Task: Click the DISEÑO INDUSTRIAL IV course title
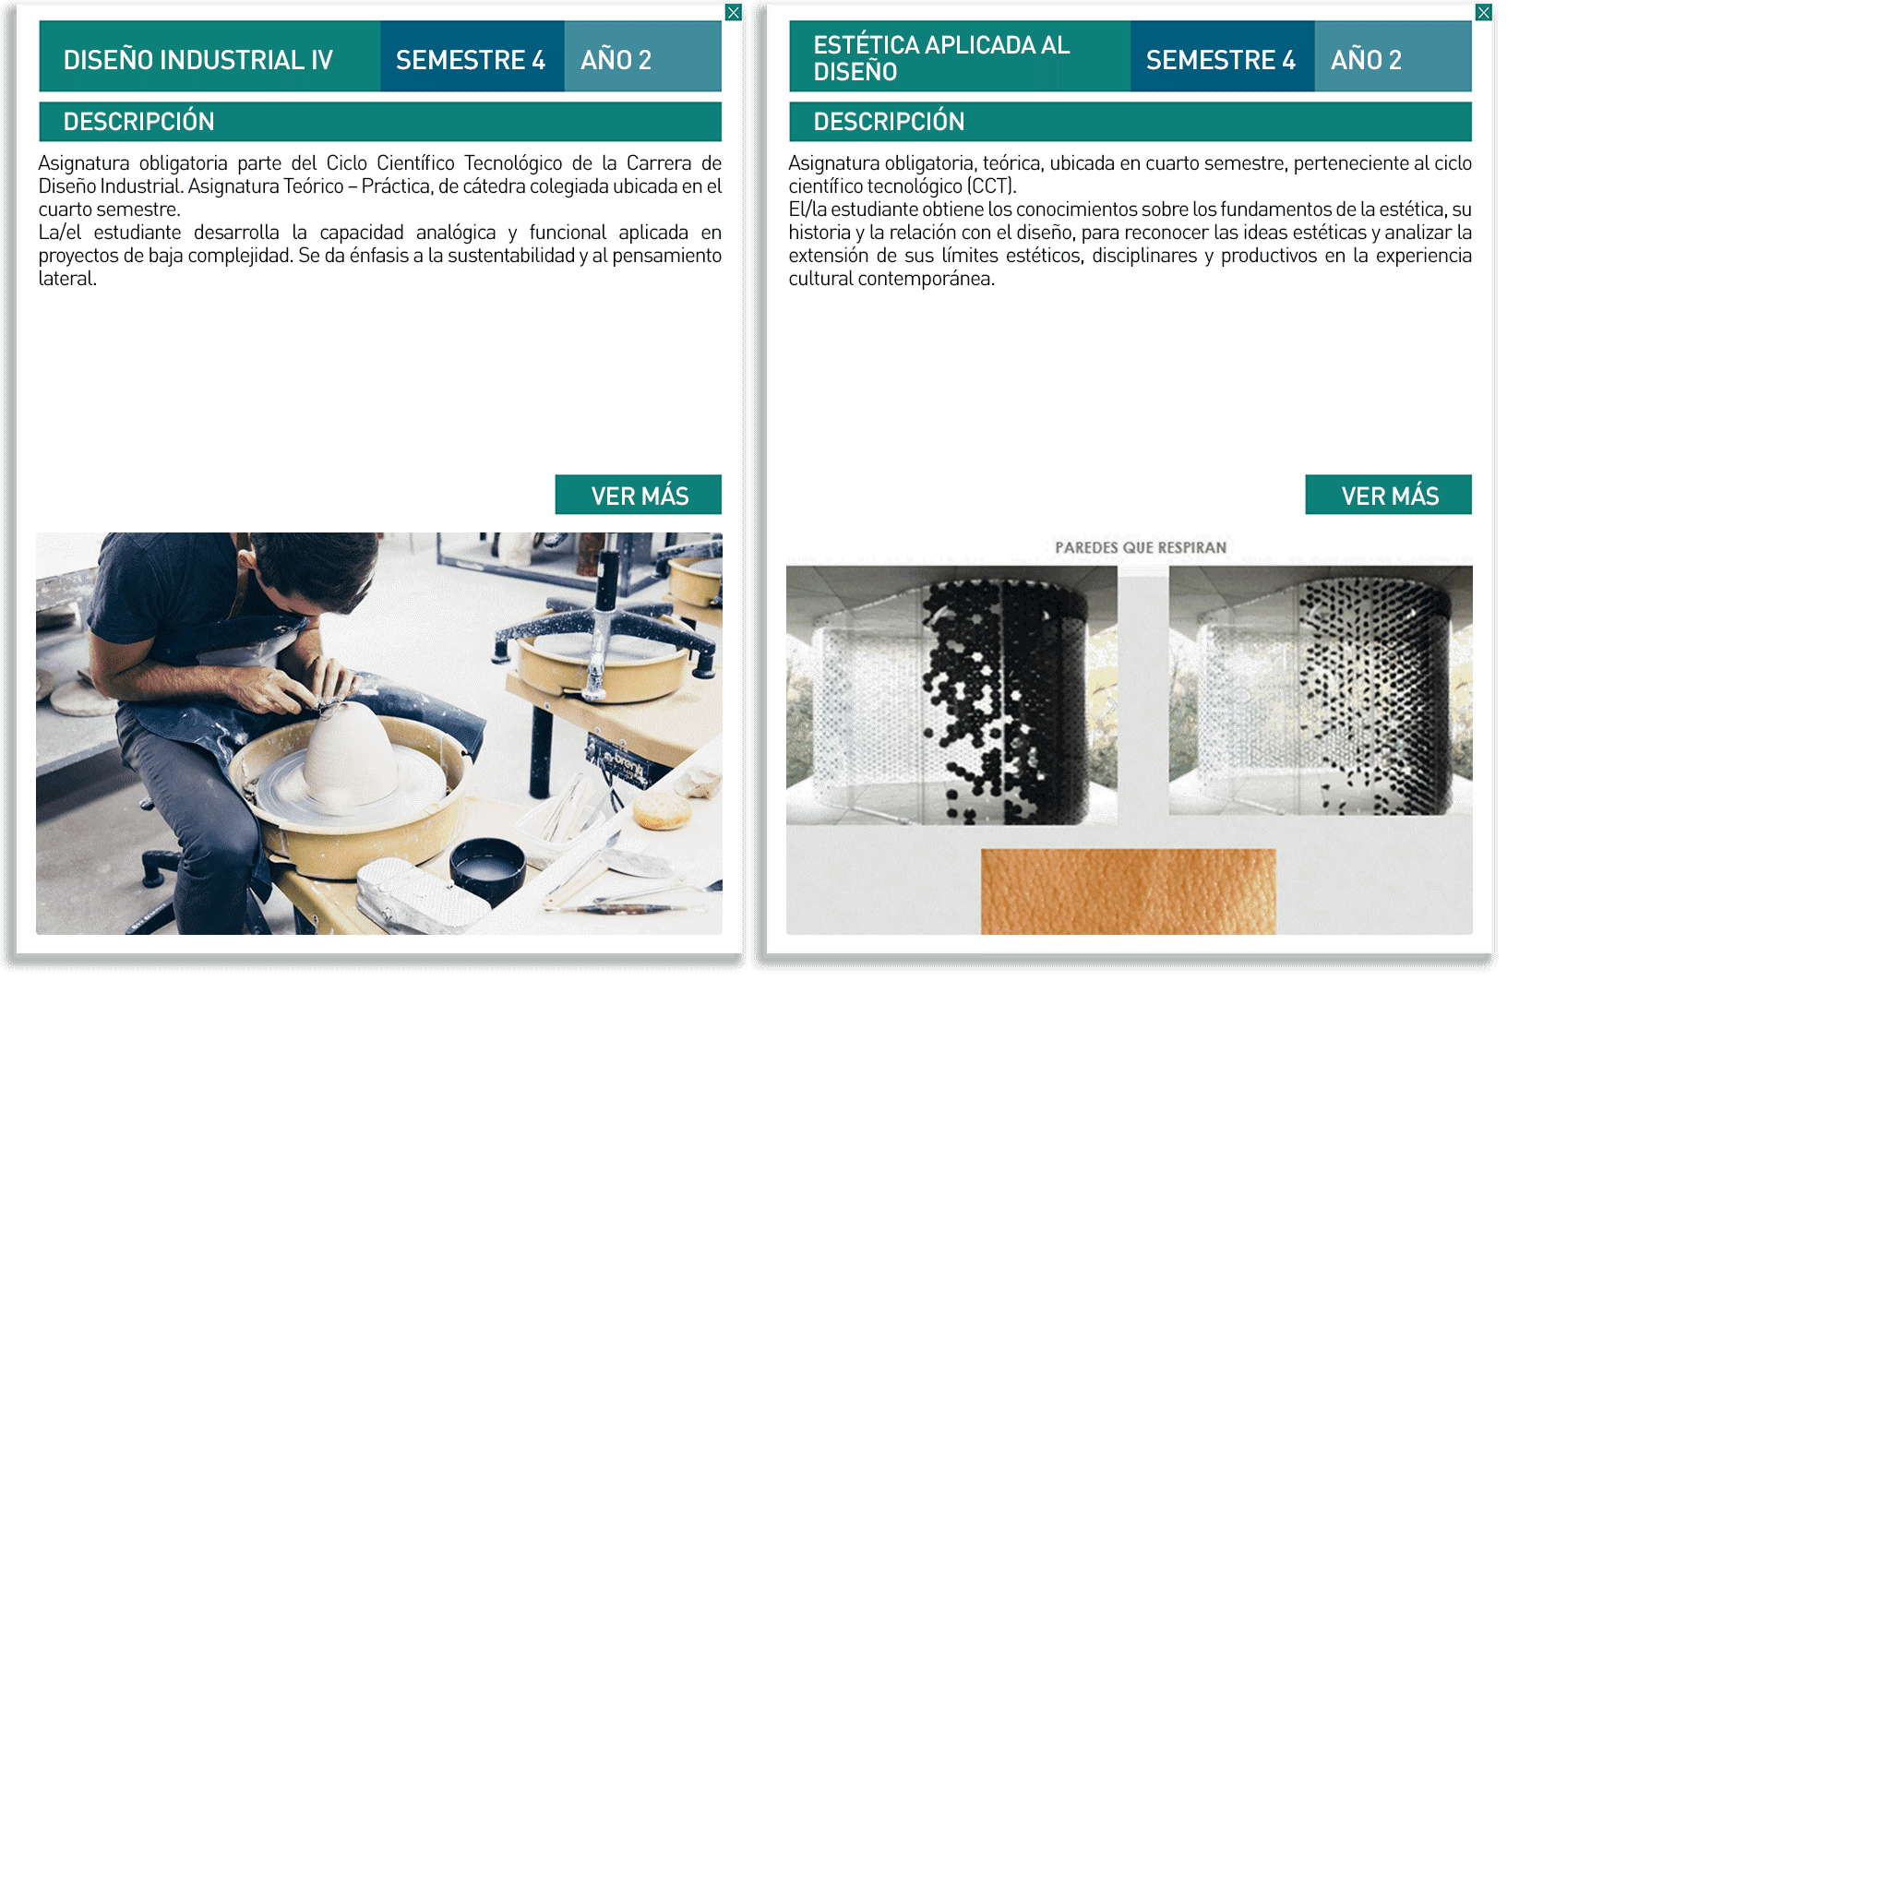pos(197,60)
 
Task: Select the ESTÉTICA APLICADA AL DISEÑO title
pos(941,58)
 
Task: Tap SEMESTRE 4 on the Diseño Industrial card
pos(471,60)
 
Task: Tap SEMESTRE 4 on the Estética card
pos(1220,60)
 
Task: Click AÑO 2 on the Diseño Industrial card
pos(616,60)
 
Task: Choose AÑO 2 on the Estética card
pos(1366,60)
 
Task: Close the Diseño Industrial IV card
pos(733,13)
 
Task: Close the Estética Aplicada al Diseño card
pos(1483,13)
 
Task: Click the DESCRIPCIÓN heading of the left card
pos(139,121)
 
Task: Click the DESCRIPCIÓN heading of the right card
pos(889,121)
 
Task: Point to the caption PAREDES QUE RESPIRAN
pos(1140,548)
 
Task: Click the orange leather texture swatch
pos(1128,891)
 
